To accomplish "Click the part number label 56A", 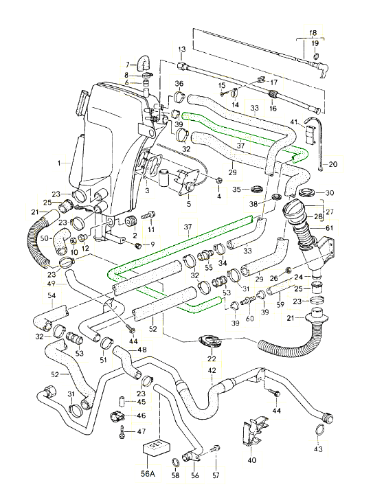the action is coord(148,474).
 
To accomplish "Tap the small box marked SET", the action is coord(156,449).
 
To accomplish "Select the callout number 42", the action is coord(212,370).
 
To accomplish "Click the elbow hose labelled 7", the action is coord(144,62).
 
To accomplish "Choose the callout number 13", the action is coord(182,49).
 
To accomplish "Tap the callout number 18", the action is coord(313,32).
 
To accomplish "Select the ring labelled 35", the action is coord(256,189).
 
